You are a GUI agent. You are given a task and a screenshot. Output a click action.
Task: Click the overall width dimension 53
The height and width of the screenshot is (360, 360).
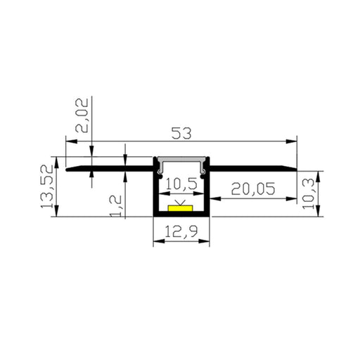click(180, 130)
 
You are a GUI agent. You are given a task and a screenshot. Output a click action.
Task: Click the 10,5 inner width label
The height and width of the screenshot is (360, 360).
click(183, 185)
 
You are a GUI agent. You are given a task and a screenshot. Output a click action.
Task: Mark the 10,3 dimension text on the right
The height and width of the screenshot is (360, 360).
click(326, 191)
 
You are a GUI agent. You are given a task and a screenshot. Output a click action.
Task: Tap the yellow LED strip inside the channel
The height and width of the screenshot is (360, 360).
click(181, 209)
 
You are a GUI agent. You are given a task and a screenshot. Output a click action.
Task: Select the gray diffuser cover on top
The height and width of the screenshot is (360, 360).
click(182, 162)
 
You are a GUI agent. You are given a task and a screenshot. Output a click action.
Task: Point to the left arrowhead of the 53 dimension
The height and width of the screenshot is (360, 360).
click(70, 141)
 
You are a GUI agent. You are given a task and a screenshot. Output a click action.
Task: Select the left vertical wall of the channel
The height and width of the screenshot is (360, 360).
click(155, 190)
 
